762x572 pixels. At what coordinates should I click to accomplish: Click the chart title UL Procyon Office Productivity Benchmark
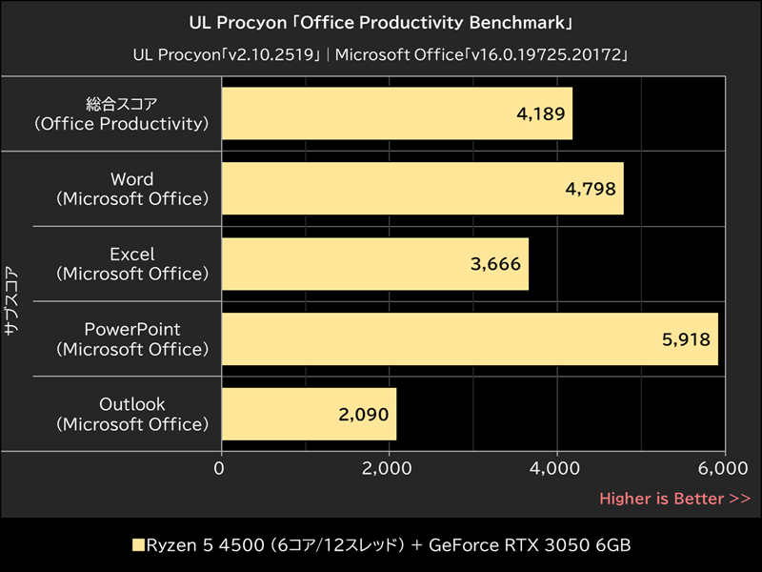click(381, 21)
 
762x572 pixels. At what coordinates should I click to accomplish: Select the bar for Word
click(422, 189)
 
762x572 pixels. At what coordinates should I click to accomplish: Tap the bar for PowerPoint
click(469, 338)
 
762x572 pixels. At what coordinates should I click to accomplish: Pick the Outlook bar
click(308, 414)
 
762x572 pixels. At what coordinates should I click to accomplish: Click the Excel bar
click(374, 264)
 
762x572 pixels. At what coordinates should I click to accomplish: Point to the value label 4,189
click(541, 113)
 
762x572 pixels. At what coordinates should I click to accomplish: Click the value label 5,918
click(686, 338)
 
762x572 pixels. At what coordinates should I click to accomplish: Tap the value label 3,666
click(496, 264)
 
